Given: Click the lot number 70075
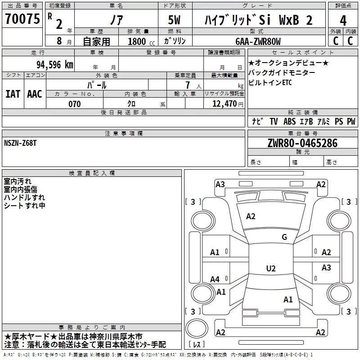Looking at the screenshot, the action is (x=22, y=19).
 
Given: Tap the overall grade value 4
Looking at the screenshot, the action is (x=343, y=20).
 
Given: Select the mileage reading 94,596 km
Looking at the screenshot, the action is (x=55, y=65).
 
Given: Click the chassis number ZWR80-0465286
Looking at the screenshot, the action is (x=302, y=143).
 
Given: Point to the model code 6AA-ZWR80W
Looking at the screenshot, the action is (x=258, y=41).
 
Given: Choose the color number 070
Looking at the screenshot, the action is (x=74, y=104).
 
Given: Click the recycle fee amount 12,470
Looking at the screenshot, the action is (x=224, y=104).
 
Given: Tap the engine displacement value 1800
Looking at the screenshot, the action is (x=137, y=41).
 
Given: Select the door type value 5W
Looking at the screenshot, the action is (x=174, y=20).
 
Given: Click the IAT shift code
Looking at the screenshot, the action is (x=13, y=94).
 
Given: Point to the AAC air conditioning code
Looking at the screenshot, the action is (x=35, y=94).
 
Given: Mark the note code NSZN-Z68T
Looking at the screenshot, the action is (x=20, y=143).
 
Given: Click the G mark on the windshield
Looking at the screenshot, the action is (x=284, y=237).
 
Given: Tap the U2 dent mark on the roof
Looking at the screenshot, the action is (x=271, y=268).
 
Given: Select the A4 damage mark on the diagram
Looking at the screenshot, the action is (x=215, y=279).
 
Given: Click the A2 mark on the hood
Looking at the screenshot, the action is (x=251, y=216).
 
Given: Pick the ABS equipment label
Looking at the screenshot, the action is (x=289, y=121).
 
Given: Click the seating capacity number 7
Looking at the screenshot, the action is (x=188, y=85).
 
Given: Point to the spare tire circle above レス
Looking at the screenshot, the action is (x=197, y=328).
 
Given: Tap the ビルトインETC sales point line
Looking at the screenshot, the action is (x=270, y=83).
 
